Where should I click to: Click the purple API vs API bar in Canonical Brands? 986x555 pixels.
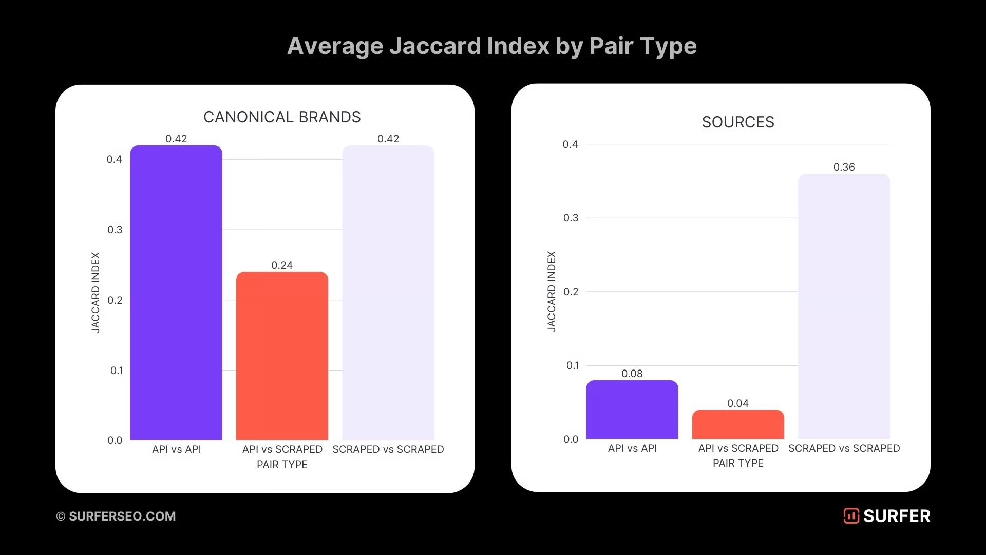pyautogui.click(x=176, y=293)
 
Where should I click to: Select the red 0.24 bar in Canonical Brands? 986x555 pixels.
pyautogui.click(x=282, y=356)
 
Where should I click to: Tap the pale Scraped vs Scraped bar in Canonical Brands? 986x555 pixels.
pyautogui.click(x=388, y=293)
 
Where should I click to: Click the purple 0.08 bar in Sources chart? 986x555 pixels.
pyautogui.click(x=632, y=410)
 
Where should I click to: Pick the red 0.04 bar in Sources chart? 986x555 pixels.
pyautogui.click(x=738, y=424)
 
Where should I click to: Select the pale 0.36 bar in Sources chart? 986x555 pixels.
pyautogui.click(x=844, y=306)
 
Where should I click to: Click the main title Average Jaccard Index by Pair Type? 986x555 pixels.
pyautogui.click(x=491, y=46)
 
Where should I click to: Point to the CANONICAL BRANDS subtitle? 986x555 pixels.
pyautogui.click(x=282, y=117)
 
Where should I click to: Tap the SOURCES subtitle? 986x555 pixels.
pyautogui.click(x=738, y=122)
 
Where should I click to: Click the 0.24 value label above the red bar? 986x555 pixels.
pyautogui.click(x=282, y=265)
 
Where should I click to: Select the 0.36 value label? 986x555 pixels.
pyautogui.click(x=844, y=167)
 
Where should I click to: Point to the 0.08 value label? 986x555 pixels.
pyautogui.click(x=632, y=374)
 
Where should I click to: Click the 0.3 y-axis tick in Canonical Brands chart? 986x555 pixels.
pyautogui.click(x=115, y=230)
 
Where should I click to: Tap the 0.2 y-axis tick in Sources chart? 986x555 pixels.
pyautogui.click(x=571, y=292)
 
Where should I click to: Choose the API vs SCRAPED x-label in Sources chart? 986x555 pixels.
pyautogui.click(x=738, y=448)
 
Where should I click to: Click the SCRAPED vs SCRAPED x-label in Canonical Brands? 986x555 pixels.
pyautogui.click(x=388, y=449)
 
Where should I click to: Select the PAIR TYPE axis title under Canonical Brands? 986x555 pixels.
pyautogui.click(x=282, y=465)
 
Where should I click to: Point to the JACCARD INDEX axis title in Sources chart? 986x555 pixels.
pyautogui.click(x=552, y=291)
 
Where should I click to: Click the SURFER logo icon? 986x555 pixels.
pyautogui.click(x=851, y=516)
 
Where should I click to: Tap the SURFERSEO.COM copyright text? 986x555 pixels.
pyautogui.click(x=116, y=516)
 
